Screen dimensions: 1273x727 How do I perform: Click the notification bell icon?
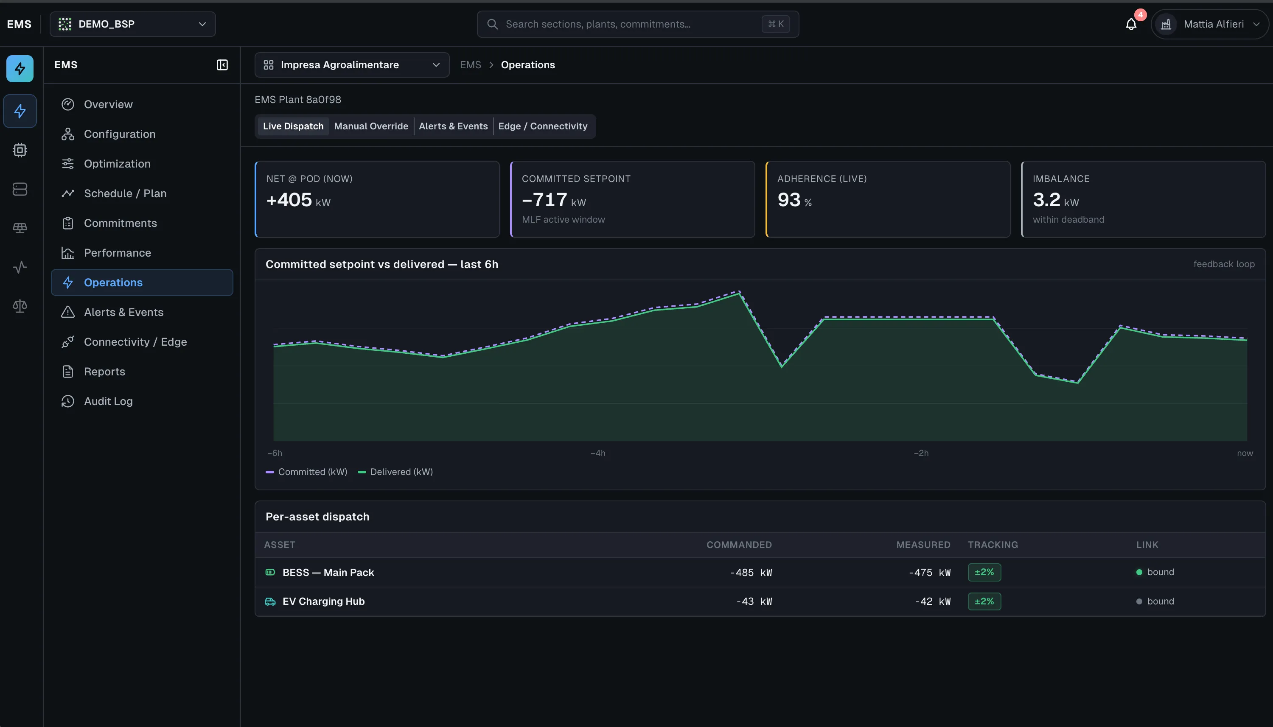click(1131, 24)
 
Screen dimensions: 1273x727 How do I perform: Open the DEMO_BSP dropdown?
click(132, 24)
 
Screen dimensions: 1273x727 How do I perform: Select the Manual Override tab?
click(371, 126)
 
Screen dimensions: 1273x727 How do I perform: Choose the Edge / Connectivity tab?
click(542, 126)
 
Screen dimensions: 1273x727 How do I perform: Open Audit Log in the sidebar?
click(108, 401)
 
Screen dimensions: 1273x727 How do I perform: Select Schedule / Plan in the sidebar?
click(125, 193)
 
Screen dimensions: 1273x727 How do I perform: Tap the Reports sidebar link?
click(104, 372)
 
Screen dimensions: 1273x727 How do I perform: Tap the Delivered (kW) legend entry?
click(395, 472)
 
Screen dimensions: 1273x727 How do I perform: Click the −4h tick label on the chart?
click(598, 453)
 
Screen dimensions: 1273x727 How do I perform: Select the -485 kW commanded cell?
click(751, 573)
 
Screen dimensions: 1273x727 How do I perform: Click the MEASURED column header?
click(923, 545)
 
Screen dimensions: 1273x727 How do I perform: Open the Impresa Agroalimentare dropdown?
click(352, 65)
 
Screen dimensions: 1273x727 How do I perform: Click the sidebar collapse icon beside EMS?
click(222, 65)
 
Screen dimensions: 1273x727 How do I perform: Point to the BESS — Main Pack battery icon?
click(270, 572)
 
